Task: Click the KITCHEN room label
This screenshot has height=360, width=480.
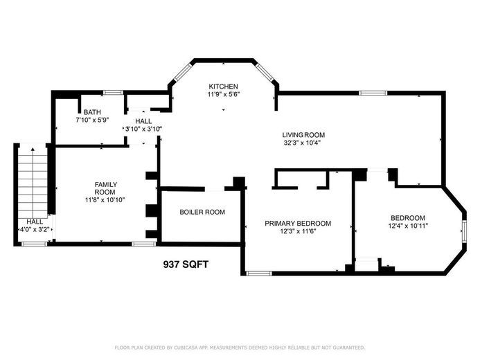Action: coord(223,87)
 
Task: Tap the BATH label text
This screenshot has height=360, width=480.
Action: coord(92,112)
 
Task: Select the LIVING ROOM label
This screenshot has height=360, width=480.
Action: coord(303,135)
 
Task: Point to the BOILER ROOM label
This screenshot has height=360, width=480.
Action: coord(202,212)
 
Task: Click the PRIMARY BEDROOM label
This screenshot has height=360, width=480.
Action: coord(298,224)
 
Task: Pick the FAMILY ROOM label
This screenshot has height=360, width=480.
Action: coord(105,188)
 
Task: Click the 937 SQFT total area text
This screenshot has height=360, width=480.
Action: coord(186,264)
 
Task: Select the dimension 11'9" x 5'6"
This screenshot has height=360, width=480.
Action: coord(223,94)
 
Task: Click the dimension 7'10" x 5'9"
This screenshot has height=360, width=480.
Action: coord(92,120)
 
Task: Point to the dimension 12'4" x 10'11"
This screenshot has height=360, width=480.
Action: coord(408,226)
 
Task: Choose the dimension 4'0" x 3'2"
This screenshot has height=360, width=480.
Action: coord(35,229)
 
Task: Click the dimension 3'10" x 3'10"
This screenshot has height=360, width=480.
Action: coord(143,129)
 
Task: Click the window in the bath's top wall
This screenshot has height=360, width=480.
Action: coord(113,92)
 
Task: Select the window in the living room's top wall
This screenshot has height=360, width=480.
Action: coord(373,93)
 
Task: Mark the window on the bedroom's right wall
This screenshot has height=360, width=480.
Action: coord(464,231)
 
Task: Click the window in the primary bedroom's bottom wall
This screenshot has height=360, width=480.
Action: coord(258,273)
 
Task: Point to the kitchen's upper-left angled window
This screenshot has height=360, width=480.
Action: coord(182,72)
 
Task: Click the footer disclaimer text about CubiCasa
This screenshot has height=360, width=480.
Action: coord(240,348)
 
